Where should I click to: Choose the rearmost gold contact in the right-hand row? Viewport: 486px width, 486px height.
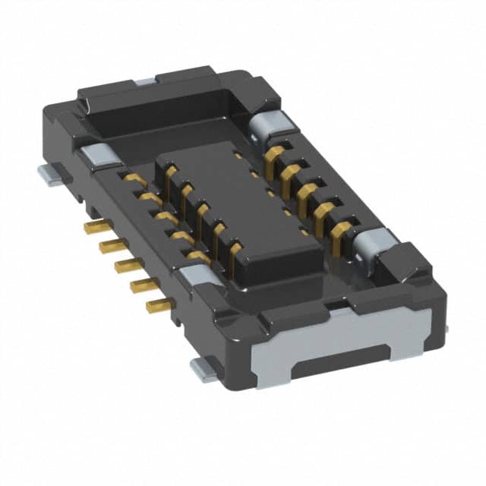pyautogui.click(x=275, y=156)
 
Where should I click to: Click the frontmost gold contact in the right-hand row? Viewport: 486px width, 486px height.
pyautogui.click(x=339, y=227)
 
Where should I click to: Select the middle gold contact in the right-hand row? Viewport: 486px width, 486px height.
pyautogui.click(x=305, y=190)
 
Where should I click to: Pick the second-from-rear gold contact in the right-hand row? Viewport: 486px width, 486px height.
pyautogui.click(x=289, y=173)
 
